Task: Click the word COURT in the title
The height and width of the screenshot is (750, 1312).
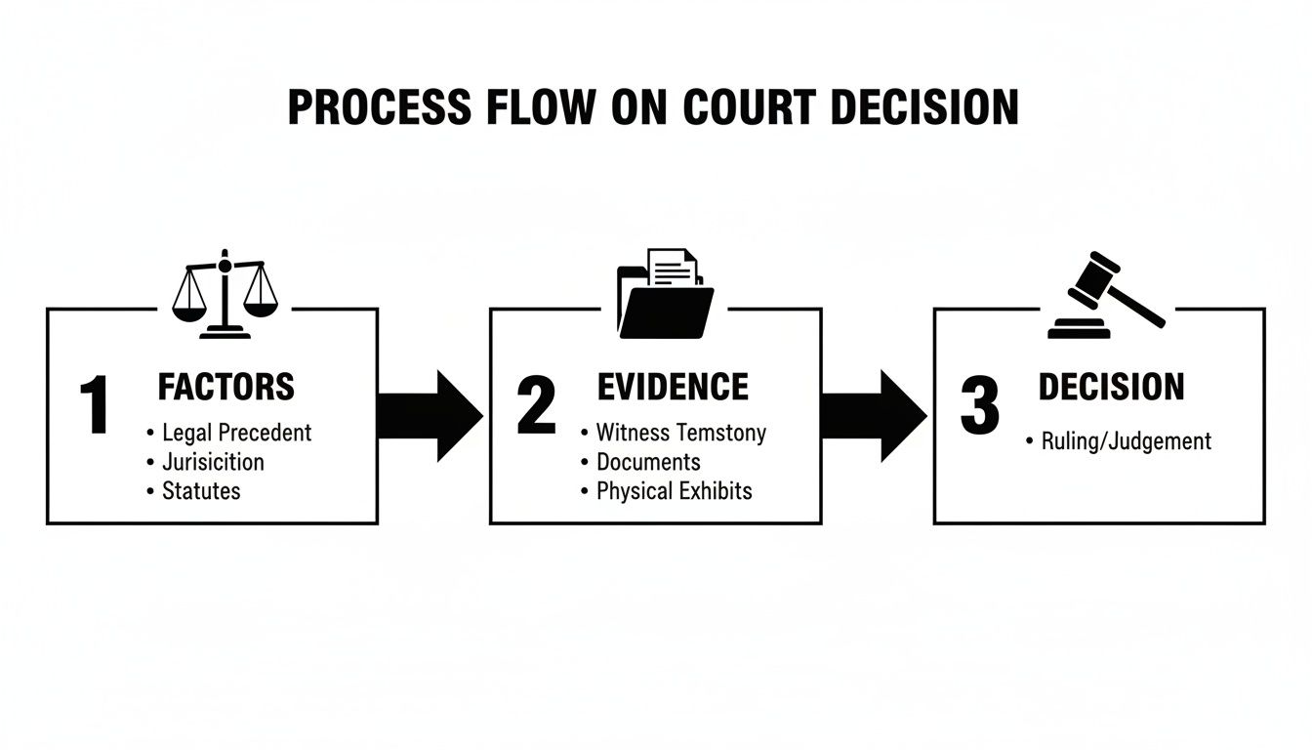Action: [749, 107]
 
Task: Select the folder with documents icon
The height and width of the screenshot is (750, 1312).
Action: [666, 294]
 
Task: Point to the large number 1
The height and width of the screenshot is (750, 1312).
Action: [95, 405]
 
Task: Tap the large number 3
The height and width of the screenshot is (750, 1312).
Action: [979, 405]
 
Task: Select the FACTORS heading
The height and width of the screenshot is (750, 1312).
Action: [225, 387]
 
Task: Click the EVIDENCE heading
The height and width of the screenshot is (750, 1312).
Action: [673, 387]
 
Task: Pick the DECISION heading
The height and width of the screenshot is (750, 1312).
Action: [1111, 387]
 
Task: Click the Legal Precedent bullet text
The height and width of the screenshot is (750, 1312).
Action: [236, 432]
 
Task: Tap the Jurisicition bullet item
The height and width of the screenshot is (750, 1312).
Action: [213, 461]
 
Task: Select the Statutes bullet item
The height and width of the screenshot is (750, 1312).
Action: [201, 490]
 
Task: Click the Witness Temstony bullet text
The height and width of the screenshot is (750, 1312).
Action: [680, 432]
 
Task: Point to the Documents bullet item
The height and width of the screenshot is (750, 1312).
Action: [648, 461]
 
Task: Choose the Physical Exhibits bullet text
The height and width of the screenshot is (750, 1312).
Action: [674, 490]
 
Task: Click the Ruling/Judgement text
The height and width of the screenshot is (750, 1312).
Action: [1126, 440]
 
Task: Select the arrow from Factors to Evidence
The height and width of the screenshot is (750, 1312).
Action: [430, 416]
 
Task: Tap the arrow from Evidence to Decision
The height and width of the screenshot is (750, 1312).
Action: [874, 416]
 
